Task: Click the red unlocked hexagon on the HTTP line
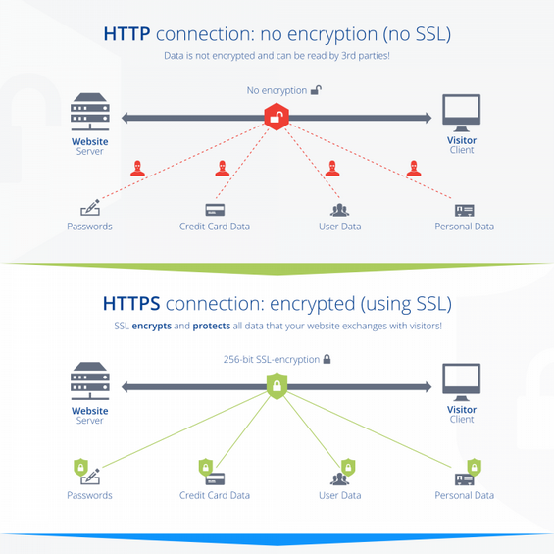pyautogui.click(x=277, y=117)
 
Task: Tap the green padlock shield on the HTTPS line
pyautogui.click(x=277, y=385)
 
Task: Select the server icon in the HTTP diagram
pyautogui.click(x=90, y=112)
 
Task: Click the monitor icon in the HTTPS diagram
pyautogui.click(x=462, y=382)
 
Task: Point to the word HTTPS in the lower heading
pyautogui.click(x=131, y=304)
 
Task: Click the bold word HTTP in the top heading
pyautogui.click(x=126, y=34)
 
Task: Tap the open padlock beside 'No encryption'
pyautogui.click(x=316, y=90)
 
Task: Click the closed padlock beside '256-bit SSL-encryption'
pyautogui.click(x=327, y=359)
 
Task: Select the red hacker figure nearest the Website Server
pyautogui.click(x=137, y=169)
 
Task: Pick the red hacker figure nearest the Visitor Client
pyautogui.click(x=414, y=169)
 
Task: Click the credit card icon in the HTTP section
pyautogui.click(x=215, y=210)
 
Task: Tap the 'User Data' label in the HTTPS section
pyautogui.click(x=340, y=495)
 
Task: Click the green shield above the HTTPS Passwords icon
pyautogui.click(x=81, y=467)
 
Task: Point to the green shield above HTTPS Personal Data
pyautogui.click(x=475, y=467)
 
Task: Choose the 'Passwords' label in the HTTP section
pyautogui.click(x=89, y=227)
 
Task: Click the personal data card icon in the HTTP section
pyautogui.click(x=464, y=211)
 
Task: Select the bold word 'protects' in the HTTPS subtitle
pyautogui.click(x=212, y=326)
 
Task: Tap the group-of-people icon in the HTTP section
pyautogui.click(x=339, y=210)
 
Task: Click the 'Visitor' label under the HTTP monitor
pyautogui.click(x=462, y=140)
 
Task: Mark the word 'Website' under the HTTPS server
pyautogui.click(x=90, y=411)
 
